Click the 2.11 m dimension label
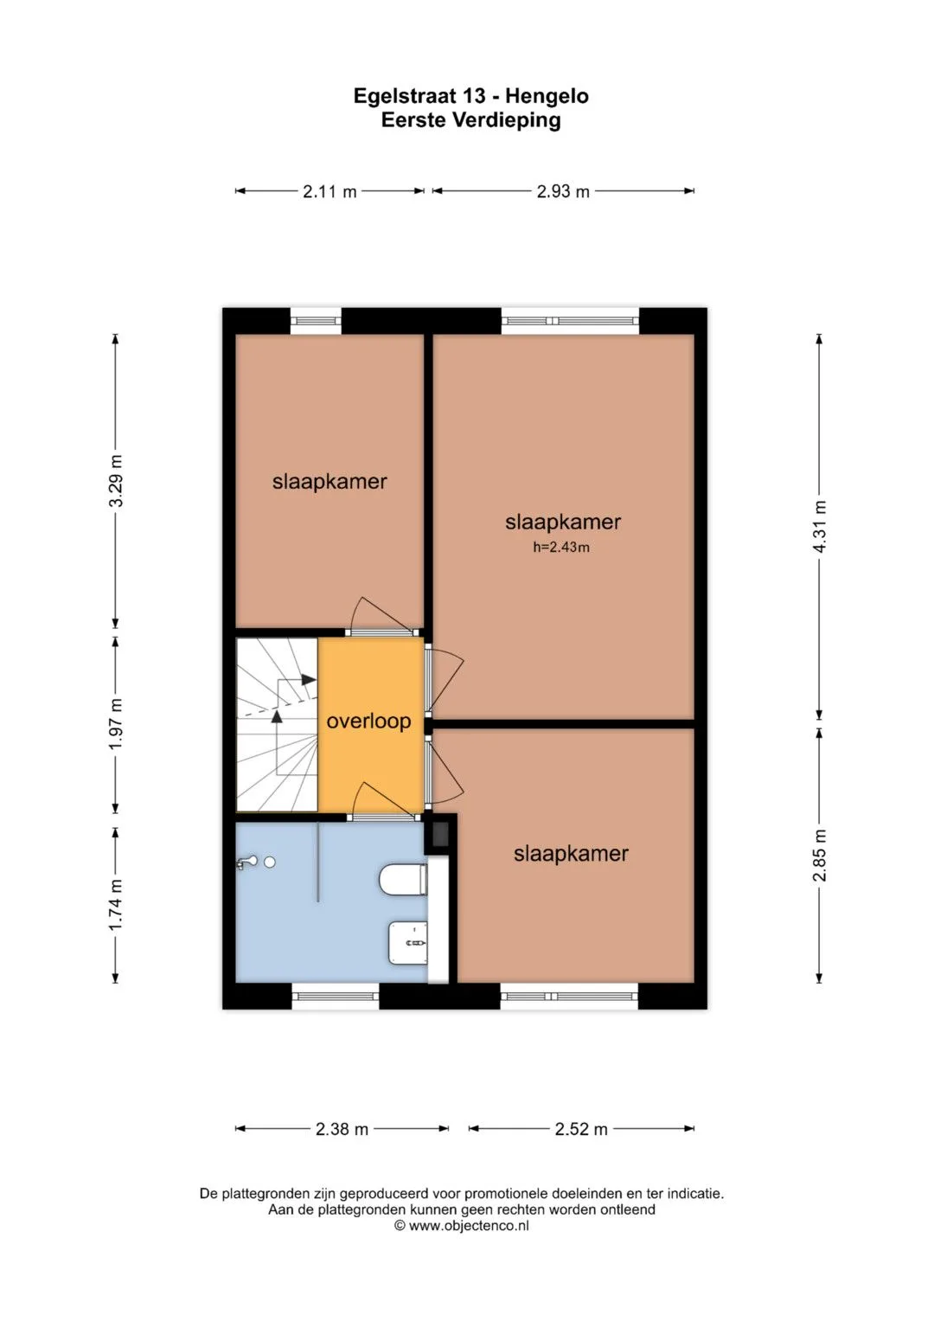pyautogui.click(x=329, y=192)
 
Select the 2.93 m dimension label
pyautogui.click(x=563, y=192)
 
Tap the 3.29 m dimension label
pyautogui.click(x=116, y=481)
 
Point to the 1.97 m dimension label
pyautogui.click(x=116, y=724)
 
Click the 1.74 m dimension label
pyautogui.click(x=116, y=905)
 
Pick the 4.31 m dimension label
pyautogui.click(x=820, y=527)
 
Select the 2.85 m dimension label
pyautogui.click(x=820, y=856)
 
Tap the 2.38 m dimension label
pyautogui.click(x=342, y=1129)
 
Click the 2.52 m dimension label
pyautogui.click(x=581, y=1129)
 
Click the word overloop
pyautogui.click(x=368, y=721)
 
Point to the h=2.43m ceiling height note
pyautogui.click(x=561, y=548)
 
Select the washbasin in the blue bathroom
pyautogui.click(x=408, y=944)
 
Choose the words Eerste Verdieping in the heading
pyautogui.click(x=470, y=119)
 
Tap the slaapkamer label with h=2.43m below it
pyautogui.click(x=562, y=522)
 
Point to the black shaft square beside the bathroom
pyautogui.click(x=440, y=833)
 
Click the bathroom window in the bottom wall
pyautogui.click(x=336, y=997)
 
